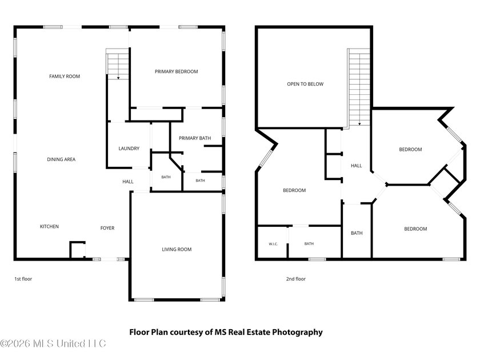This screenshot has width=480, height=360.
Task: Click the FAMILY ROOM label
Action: click(x=65, y=76)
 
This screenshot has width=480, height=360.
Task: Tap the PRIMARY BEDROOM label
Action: click(x=177, y=71)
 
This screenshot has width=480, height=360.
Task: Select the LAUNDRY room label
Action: click(x=129, y=149)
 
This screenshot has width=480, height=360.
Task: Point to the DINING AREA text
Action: click(x=61, y=159)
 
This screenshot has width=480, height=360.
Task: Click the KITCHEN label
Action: click(x=49, y=226)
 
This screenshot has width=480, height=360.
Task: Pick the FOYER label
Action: click(x=107, y=228)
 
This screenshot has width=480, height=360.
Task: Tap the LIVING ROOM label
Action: click(x=177, y=250)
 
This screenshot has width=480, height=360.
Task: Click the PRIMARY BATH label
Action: click(x=195, y=138)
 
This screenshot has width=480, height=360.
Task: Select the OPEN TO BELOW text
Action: click(x=305, y=84)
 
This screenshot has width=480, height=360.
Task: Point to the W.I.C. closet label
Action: click(x=273, y=244)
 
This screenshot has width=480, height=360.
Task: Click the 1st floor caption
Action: click(x=23, y=279)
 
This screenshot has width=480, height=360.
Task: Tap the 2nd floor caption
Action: click(x=296, y=279)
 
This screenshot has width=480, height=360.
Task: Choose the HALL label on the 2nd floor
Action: click(x=357, y=166)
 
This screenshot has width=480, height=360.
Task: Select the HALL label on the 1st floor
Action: click(x=128, y=182)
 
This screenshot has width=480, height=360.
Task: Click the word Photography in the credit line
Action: click(x=297, y=332)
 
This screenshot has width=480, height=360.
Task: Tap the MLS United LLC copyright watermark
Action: click(x=53, y=343)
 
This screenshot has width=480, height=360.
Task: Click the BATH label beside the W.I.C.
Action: click(x=309, y=243)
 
